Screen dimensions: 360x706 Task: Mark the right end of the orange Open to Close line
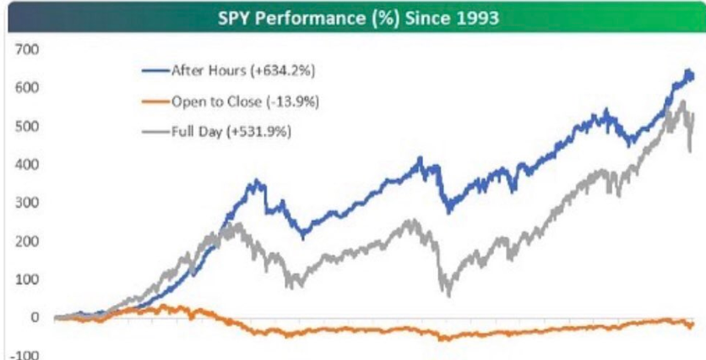coord(693,325)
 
